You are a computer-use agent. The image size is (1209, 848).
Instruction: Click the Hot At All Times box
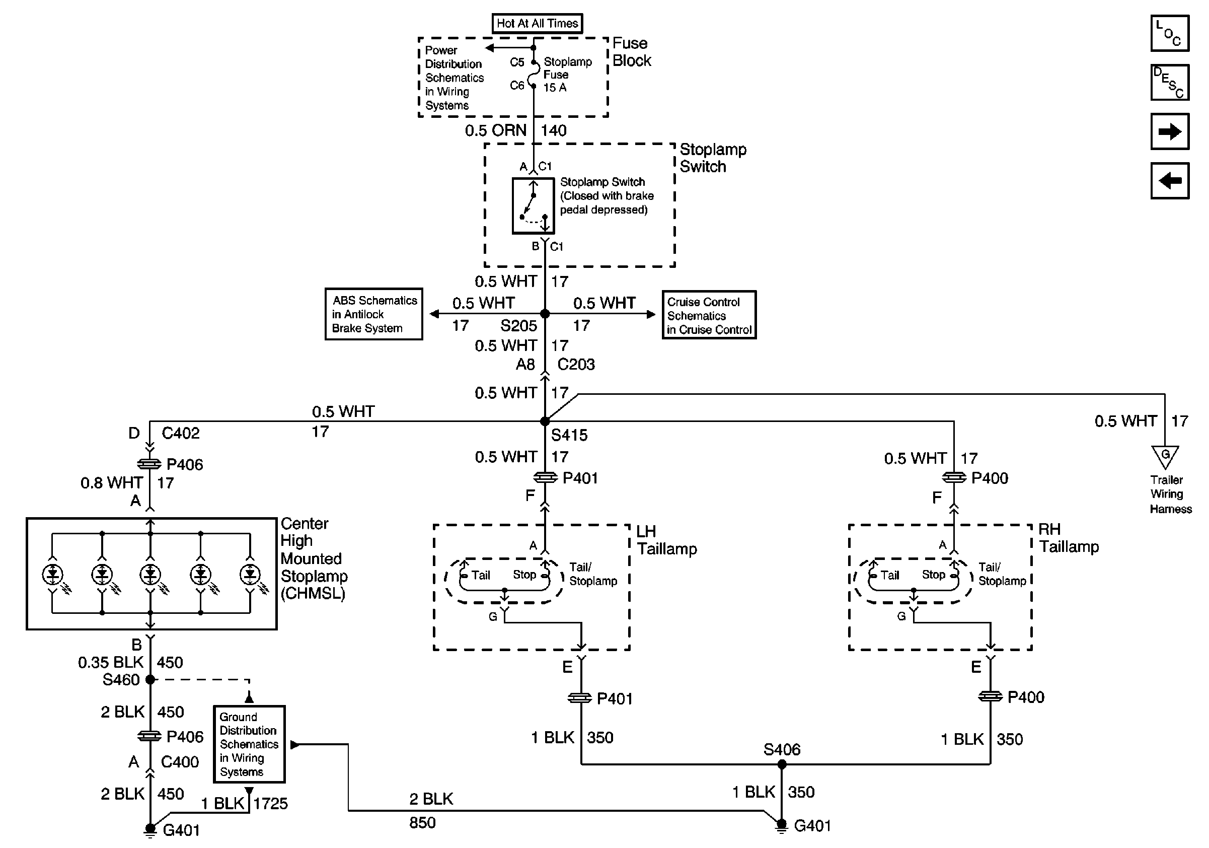537,23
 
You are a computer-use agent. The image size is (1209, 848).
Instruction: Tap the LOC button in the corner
1170,34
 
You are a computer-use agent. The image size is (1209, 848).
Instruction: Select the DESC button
1170,83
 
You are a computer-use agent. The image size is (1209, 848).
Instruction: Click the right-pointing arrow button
1170,131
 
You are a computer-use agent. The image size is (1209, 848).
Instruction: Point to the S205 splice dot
545,314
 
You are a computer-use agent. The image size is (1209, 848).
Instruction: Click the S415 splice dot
545,421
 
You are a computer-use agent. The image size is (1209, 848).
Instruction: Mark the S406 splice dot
782,764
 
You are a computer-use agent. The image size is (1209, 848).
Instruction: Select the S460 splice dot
150,679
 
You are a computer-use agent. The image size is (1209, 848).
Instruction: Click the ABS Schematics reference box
374,314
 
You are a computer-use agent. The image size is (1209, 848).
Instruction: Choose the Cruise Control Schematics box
709,315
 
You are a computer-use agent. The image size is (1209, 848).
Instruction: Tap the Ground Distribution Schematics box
249,744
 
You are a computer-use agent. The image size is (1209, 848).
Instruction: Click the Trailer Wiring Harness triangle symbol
1165,456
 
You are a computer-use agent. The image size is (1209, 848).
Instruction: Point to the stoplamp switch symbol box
533,206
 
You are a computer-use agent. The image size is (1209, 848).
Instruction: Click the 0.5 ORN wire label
495,130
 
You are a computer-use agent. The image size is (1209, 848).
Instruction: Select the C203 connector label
576,365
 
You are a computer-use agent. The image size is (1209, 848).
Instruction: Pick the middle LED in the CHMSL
150,574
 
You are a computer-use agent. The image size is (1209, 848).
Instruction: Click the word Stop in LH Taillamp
524,575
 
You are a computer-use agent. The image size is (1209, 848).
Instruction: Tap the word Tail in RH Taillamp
890,575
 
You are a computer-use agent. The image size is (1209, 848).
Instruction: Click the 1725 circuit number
271,803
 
